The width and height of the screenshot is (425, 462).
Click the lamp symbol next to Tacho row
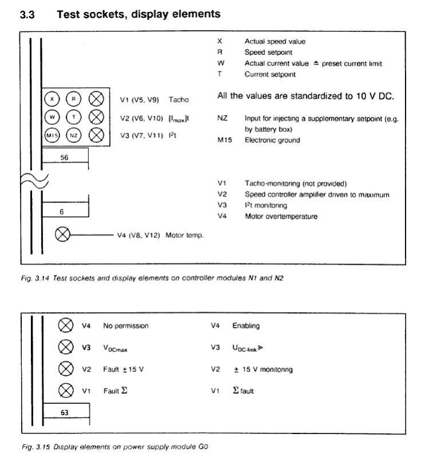click(x=96, y=99)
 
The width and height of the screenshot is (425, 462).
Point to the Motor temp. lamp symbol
click(x=62, y=235)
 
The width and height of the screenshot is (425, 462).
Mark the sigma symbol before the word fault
click(x=235, y=390)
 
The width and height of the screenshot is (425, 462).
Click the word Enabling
click(x=246, y=325)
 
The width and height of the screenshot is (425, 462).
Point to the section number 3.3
click(x=27, y=14)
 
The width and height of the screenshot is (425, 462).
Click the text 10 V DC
click(x=375, y=96)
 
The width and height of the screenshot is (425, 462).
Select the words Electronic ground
click(x=272, y=140)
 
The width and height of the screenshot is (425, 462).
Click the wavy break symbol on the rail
click(x=34, y=181)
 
